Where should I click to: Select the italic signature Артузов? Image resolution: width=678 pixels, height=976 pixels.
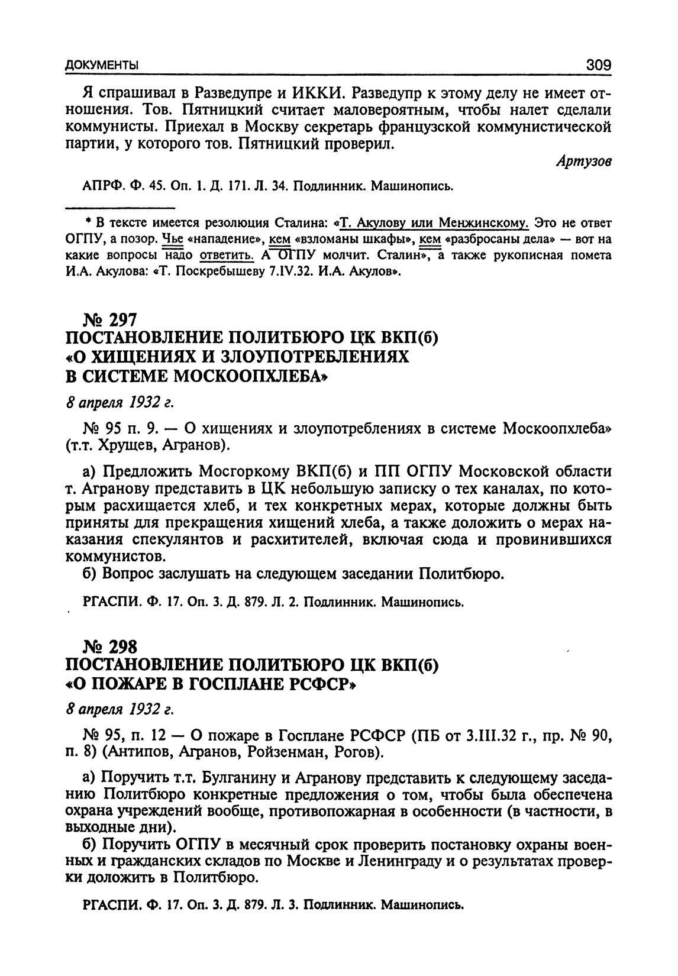[x=583, y=163]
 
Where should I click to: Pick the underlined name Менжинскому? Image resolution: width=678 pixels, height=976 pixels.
[x=482, y=223]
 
